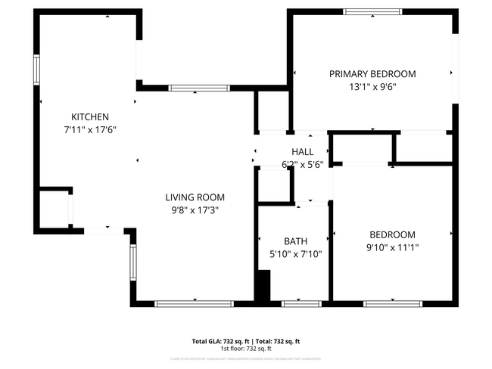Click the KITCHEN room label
pos(90,116)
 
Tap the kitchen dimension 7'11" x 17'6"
pos(90,129)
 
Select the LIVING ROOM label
pos(195,197)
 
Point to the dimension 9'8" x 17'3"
pos(195,210)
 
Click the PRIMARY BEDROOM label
pos(372,74)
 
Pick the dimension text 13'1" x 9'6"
pos(372,87)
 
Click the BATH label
pos(296,242)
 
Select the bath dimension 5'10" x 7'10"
pos(296,255)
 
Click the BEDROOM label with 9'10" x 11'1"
pos(392,234)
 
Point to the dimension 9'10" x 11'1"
pos(392,247)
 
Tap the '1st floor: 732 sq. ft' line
pos(246,349)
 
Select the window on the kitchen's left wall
pos(36,70)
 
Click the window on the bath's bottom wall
pos(301,303)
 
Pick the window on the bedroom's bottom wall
pos(392,303)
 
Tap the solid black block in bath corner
pos(263,289)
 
